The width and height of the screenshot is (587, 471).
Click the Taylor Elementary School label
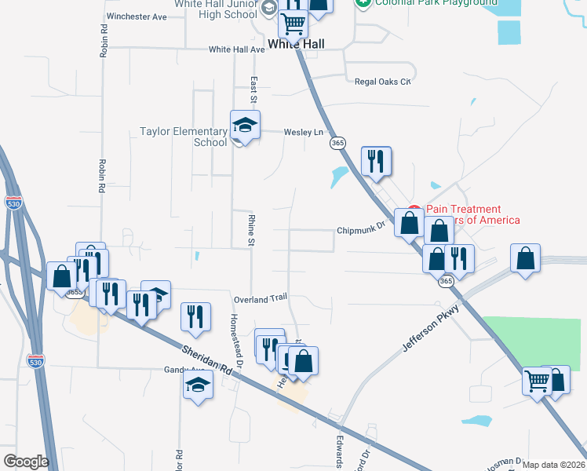(183, 137)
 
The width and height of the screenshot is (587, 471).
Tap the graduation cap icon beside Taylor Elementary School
(245, 125)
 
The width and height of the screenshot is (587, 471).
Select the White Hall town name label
(295, 45)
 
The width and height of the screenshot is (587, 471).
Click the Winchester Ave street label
(137, 16)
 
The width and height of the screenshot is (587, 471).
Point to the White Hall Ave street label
(237, 49)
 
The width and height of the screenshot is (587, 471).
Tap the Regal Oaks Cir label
(383, 81)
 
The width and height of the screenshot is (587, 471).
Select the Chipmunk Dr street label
(362, 231)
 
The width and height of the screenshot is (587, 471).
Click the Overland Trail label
(261, 299)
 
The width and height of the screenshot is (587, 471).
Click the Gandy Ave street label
(183, 370)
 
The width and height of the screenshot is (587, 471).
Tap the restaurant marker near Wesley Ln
(376, 161)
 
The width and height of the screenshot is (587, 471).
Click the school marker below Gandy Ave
(198, 385)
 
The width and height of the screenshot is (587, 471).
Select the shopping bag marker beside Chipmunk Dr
(410, 223)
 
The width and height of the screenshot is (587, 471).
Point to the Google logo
(26, 462)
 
